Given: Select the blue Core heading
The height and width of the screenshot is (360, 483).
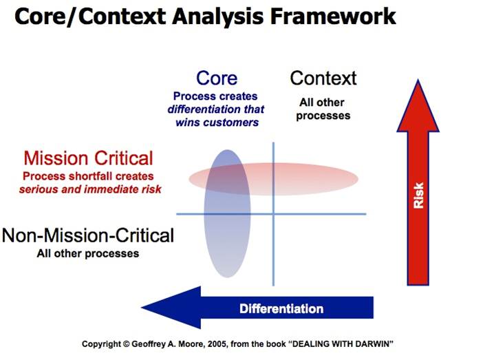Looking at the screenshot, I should pyautogui.click(x=217, y=78).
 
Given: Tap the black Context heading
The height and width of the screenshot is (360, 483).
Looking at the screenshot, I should pyautogui.click(x=323, y=78).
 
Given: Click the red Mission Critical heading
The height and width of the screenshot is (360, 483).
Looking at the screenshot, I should pyautogui.click(x=88, y=158).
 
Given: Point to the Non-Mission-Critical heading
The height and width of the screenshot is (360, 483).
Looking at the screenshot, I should pyautogui.click(x=88, y=236).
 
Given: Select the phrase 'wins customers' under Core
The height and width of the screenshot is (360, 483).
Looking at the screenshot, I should pyautogui.click(x=217, y=123).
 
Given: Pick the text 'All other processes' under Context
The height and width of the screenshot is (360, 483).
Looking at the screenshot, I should pyautogui.click(x=323, y=109).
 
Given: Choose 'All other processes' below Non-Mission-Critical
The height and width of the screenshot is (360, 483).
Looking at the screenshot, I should pyautogui.click(x=88, y=253).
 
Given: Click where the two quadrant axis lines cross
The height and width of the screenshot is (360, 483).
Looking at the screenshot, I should pyautogui.click(x=273, y=214).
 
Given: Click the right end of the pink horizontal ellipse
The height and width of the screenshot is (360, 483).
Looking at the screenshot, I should pyautogui.click(x=358, y=178).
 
